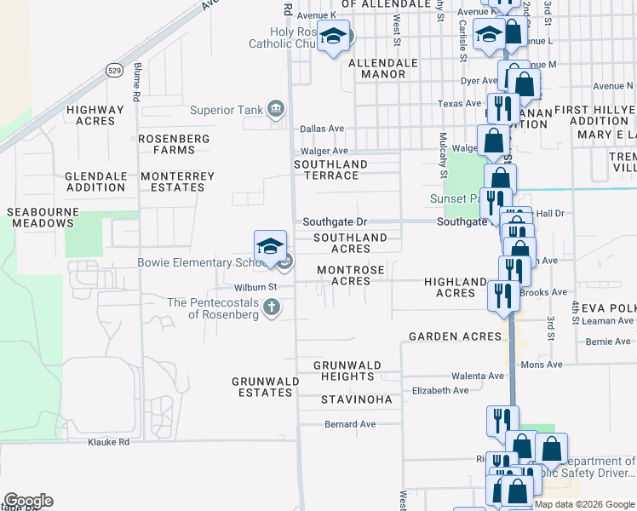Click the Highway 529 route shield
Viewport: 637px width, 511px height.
[x=113, y=70]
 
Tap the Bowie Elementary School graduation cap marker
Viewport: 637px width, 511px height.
[x=270, y=245]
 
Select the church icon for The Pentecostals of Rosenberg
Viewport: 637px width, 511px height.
[x=272, y=307]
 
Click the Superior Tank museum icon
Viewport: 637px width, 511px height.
[x=276, y=108]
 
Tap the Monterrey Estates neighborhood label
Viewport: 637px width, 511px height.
[x=177, y=181]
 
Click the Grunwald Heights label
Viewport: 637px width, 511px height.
[x=346, y=370]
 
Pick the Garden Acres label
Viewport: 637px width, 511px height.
[x=455, y=336]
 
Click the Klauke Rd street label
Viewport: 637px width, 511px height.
[x=112, y=442]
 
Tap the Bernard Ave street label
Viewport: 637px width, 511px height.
[x=350, y=424]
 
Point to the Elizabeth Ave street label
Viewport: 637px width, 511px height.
[x=440, y=391]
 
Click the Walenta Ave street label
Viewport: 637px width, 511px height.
[x=478, y=376]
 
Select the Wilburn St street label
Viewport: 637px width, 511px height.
[x=256, y=287]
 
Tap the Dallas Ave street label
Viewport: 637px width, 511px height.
[x=321, y=129]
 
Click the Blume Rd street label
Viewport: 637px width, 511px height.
[x=136, y=84]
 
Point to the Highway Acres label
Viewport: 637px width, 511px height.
[x=95, y=115]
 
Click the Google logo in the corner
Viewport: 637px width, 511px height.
[x=28, y=501]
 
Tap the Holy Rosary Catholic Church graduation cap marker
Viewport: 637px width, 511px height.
[x=333, y=37]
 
